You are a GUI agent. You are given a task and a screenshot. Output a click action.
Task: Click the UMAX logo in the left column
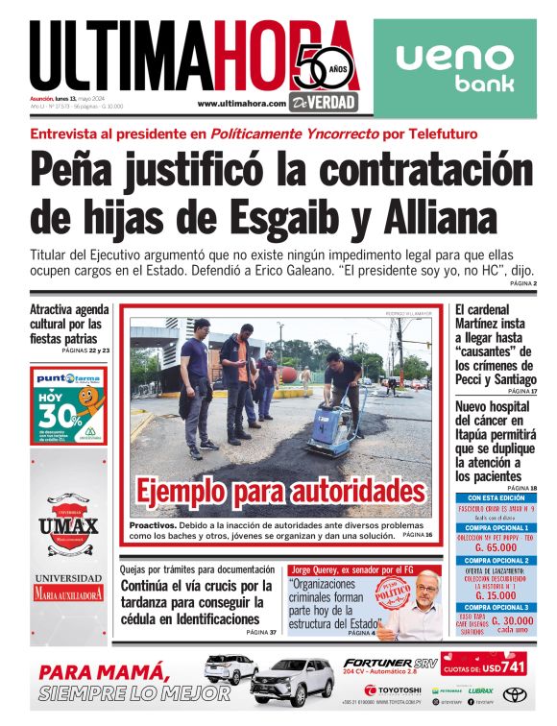pyautogui.click(x=68, y=524)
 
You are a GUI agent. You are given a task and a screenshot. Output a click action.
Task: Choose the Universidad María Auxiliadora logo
pyautogui.click(x=68, y=586)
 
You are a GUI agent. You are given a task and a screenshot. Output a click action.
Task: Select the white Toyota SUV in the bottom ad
pyautogui.click(x=291, y=682)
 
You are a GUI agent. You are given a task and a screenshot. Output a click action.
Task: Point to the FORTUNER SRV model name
pyautogui.click(x=390, y=662)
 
